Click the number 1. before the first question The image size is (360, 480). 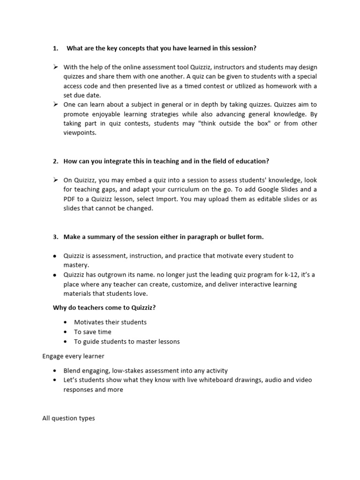(x=55, y=48)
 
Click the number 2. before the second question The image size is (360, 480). (x=55, y=161)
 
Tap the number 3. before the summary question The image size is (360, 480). (x=55, y=237)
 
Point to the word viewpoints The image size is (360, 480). (x=80, y=133)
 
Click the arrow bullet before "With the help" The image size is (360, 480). (x=55, y=67)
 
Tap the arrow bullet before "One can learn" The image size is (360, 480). (x=55, y=105)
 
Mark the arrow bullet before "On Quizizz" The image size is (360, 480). (x=55, y=180)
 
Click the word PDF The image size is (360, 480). (x=70, y=199)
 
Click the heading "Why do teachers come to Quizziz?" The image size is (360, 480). (x=103, y=307)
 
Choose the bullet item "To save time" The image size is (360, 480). (x=93, y=332)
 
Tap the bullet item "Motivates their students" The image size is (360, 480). (x=110, y=322)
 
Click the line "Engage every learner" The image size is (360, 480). (x=73, y=356)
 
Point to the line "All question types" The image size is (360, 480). (x=68, y=418)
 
